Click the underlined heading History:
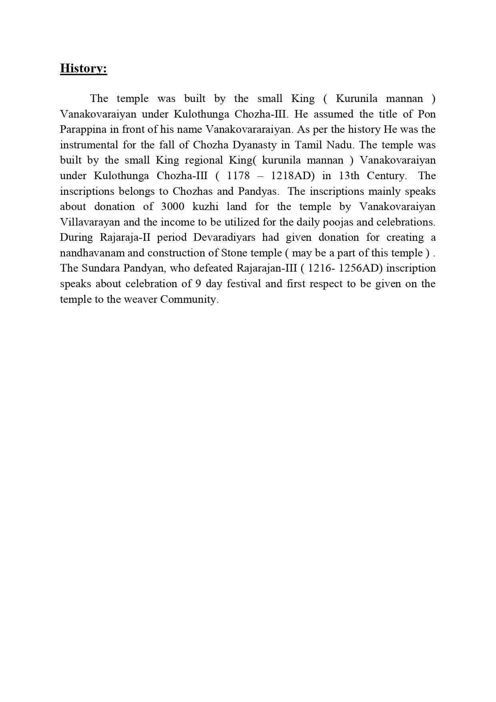point(84,68)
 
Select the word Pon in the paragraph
point(426,114)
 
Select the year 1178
point(238,176)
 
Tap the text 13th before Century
point(349,176)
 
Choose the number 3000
point(172,207)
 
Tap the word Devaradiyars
point(224,238)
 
